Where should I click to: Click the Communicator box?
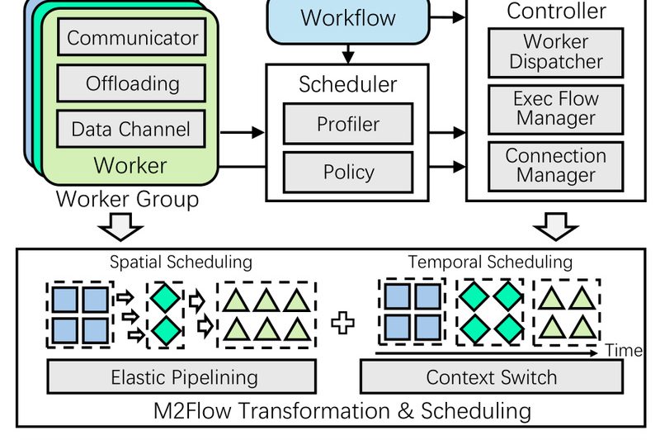coord(132,38)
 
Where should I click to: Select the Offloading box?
coord(132,83)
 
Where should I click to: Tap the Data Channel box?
coord(131,129)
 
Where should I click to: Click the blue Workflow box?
coord(347,18)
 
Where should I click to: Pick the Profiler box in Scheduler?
coord(347,125)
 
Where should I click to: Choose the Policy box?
coord(347,172)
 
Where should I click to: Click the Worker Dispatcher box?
coord(555,51)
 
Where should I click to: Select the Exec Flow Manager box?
coord(555,108)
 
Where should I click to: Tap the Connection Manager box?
coord(555,165)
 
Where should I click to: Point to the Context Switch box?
coord(491,378)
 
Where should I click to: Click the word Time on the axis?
coord(624,350)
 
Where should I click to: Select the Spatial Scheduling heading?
coord(181,262)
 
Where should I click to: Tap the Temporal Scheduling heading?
coord(490,262)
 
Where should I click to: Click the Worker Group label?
coord(127,200)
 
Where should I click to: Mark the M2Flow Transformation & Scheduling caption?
coord(342,410)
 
